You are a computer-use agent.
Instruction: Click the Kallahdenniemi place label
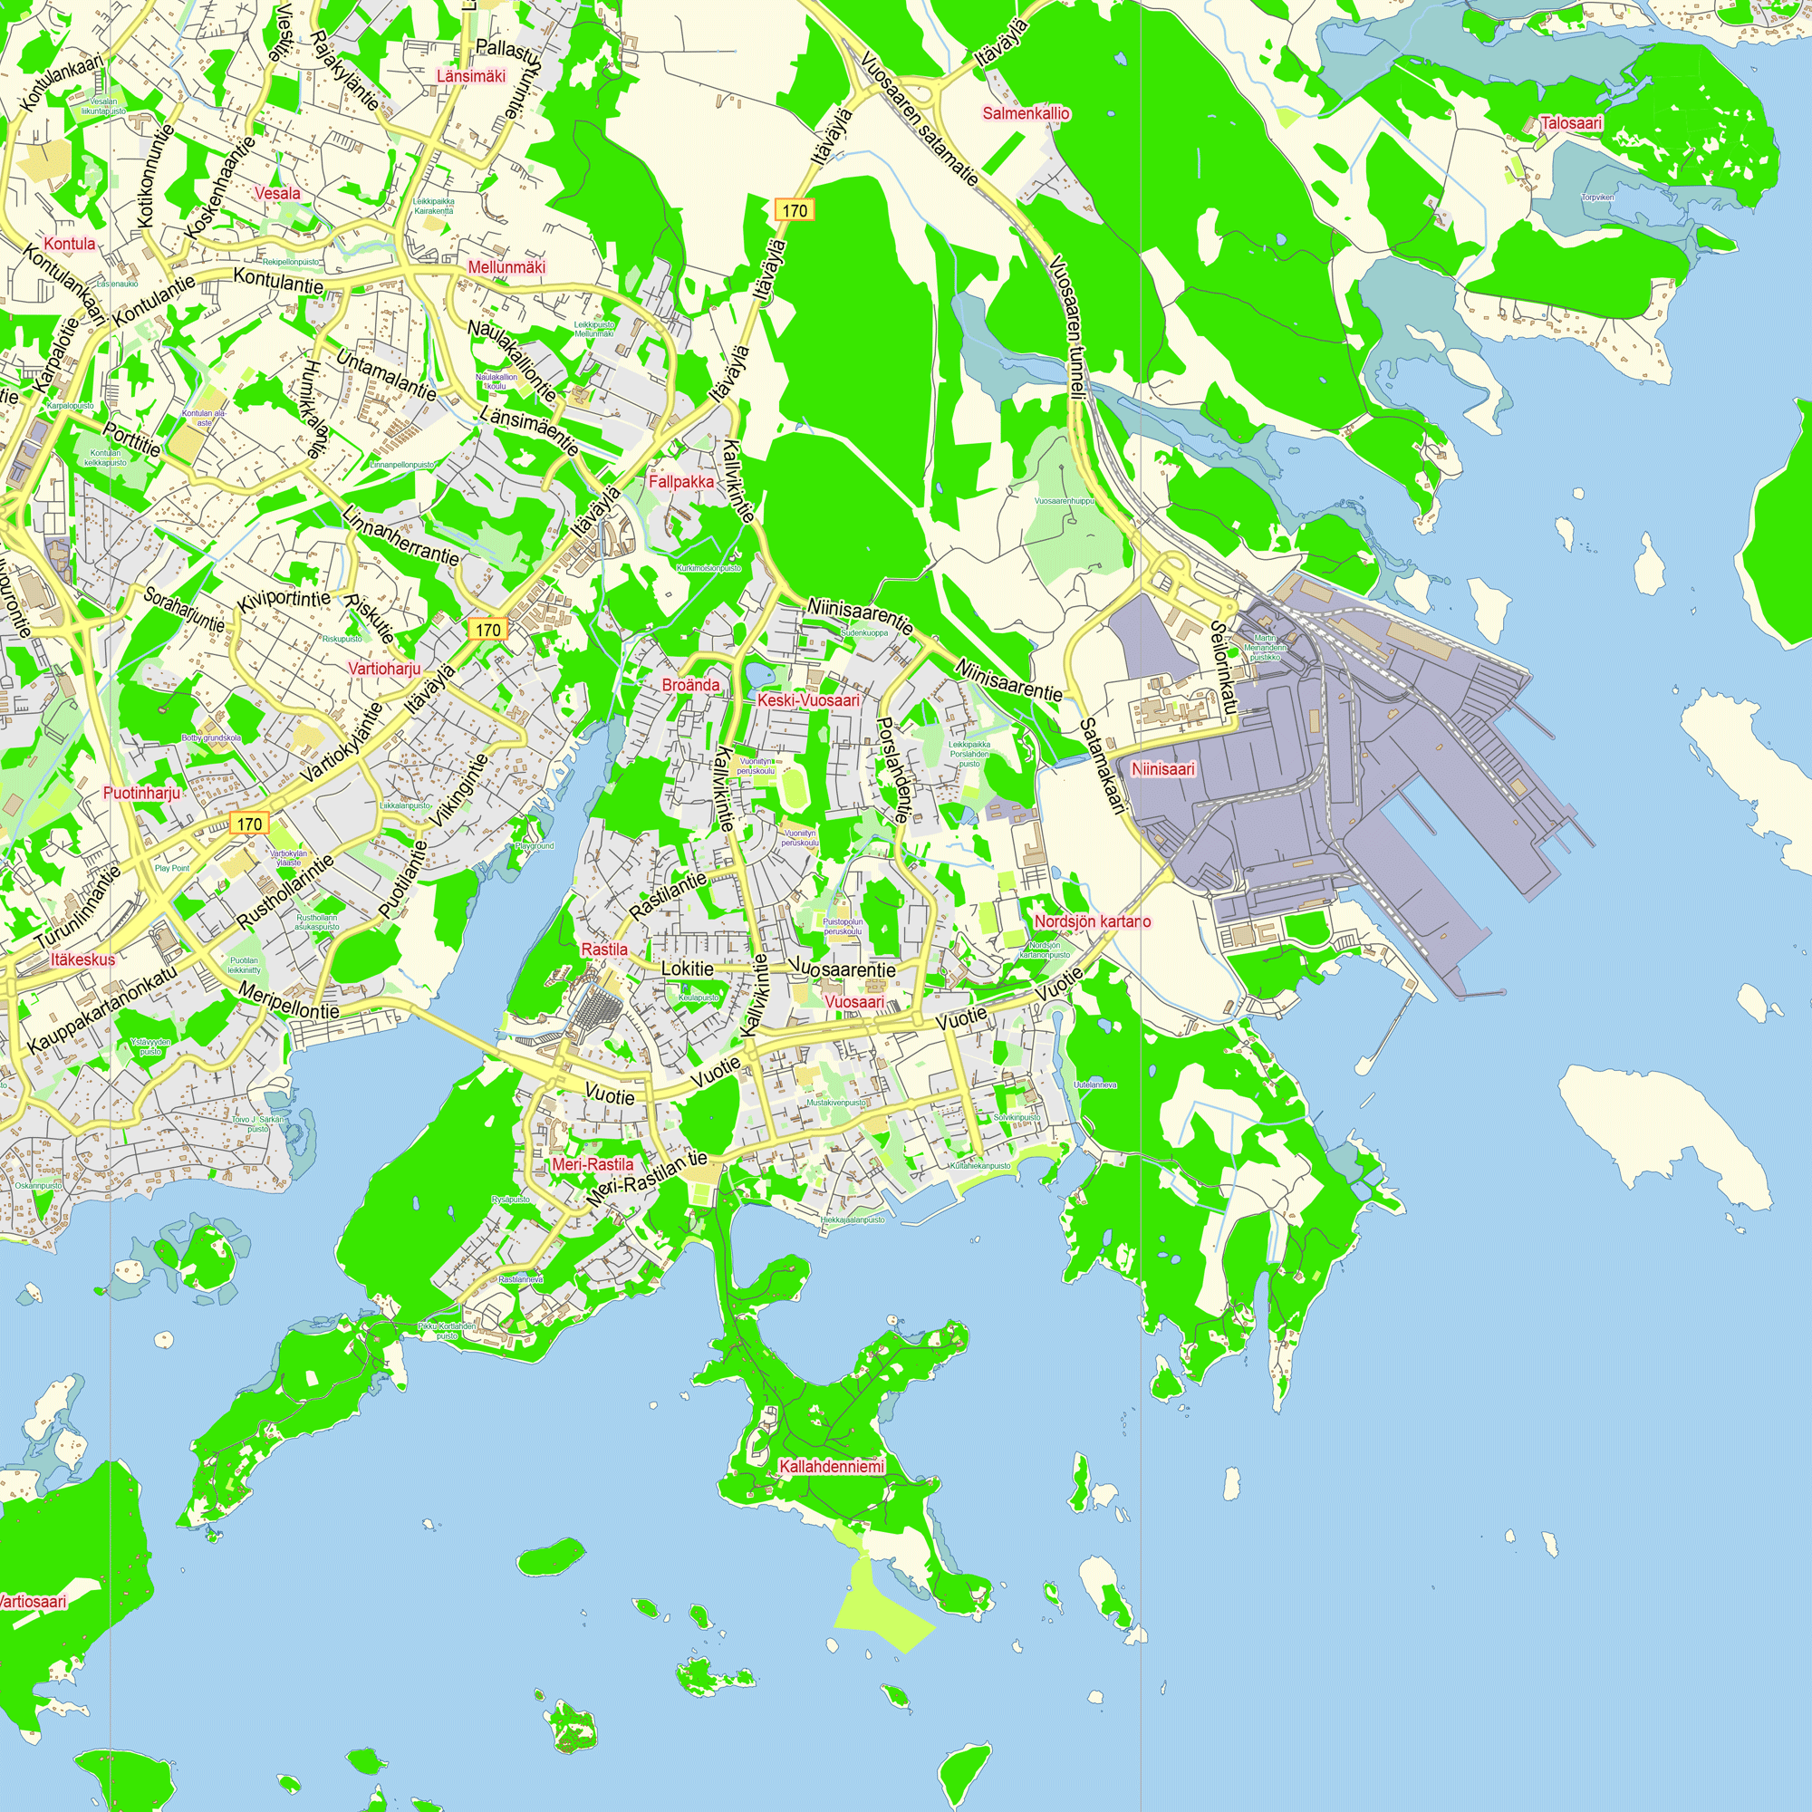coord(831,1466)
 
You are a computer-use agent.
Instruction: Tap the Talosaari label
coord(1571,123)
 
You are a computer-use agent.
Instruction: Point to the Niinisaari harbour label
coord(1163,769)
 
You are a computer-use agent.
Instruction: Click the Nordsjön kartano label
coord(1092,921)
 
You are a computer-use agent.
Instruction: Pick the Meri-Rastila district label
coord(593,1164)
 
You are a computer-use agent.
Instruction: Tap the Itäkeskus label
coord(83,959)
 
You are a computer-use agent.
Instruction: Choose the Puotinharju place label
coord(141,793)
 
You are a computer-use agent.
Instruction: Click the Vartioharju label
coord(383,669)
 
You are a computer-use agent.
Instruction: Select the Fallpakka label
coord(681,481)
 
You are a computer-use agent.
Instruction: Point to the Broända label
coord(691,685)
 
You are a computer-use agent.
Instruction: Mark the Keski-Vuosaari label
coord(808,700)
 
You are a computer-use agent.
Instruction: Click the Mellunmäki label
coord(506,267)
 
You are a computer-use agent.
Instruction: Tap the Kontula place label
coord(70,244)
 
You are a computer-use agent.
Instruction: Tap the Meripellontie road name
coord(288,1001)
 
